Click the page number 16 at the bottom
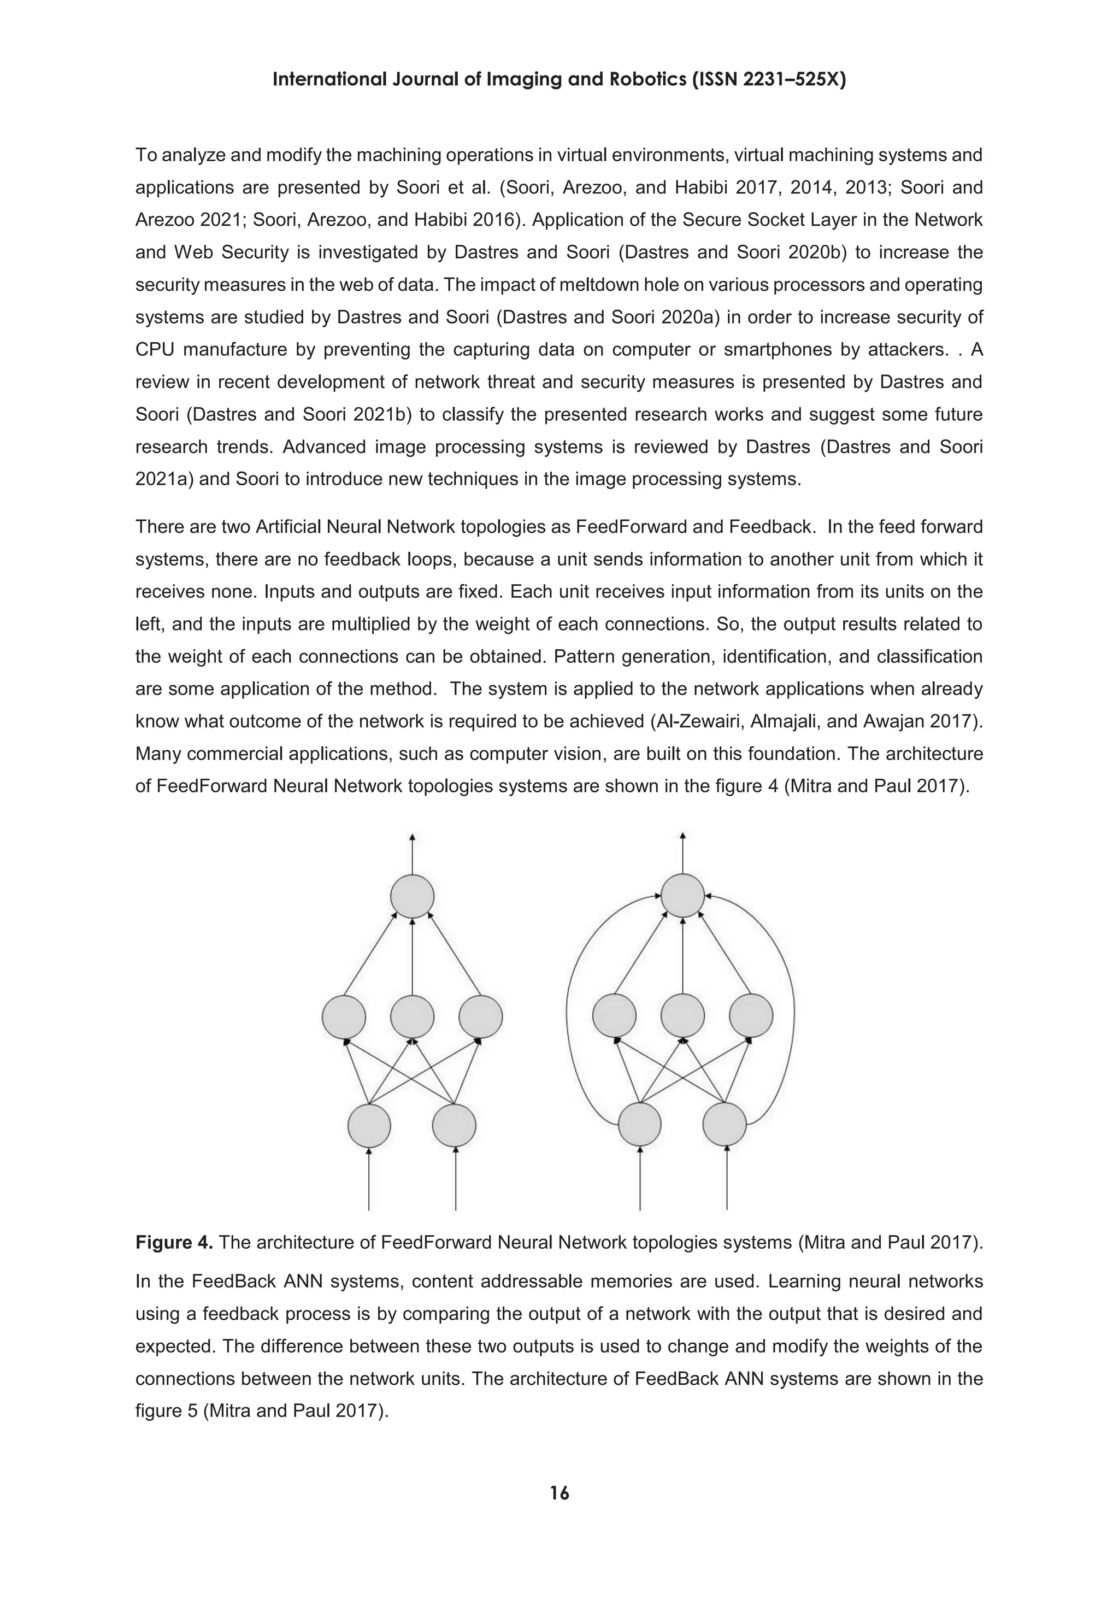coord(559,1492)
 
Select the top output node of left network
coord(412,896)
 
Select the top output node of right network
coord(682,896)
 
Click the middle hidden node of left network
coord(412,1017)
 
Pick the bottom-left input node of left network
coord(369,1125)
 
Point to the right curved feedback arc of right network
coord(794,1010)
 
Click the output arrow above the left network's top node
coord(412,853)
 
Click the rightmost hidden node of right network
coord(751,1016)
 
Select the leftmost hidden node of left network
coord(344,1017)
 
